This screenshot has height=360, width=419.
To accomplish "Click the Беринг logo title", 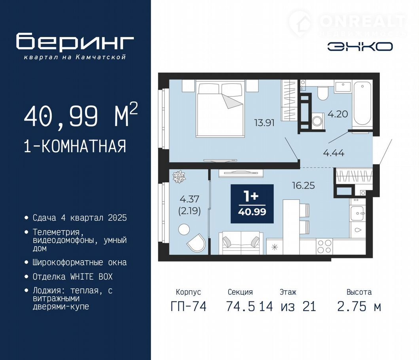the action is click(75, 42).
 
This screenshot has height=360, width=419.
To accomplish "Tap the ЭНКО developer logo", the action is click(360, 47).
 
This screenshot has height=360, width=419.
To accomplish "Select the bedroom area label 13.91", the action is click(264, 123).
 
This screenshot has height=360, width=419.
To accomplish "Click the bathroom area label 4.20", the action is click(338, 114).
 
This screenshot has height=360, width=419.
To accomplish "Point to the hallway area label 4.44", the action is click(334, 153).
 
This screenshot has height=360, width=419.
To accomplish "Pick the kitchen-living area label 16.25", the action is click(303, 186).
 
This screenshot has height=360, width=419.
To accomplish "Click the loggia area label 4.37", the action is click(190, 199).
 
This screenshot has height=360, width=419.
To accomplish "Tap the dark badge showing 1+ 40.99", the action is click(252, 204).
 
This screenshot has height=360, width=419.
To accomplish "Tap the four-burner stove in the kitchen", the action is click(324, 246).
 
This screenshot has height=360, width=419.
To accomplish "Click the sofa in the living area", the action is click(241, 243).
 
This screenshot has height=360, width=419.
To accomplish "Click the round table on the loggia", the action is click(184, 229).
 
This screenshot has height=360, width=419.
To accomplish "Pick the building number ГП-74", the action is click(189, 306).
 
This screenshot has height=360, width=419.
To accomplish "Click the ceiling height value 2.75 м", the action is click(359, 306).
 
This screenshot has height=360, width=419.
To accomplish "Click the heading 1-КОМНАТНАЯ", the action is click(75, 146).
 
